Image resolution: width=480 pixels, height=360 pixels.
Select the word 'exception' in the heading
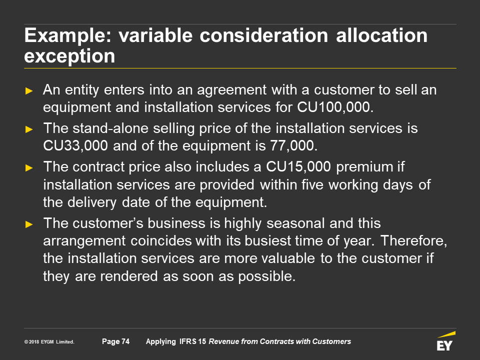point(69,56)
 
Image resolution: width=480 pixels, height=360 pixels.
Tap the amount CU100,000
point(335,107)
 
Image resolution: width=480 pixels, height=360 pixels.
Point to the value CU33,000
point(75,145)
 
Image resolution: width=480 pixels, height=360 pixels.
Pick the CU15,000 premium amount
point(298,167)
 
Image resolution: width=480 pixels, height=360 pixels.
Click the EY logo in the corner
point(445,341)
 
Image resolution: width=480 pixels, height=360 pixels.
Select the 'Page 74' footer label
point(115,341)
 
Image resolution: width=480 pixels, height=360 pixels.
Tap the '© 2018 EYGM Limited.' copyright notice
point(49,342)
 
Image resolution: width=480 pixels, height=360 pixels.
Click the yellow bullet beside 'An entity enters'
point(29,91)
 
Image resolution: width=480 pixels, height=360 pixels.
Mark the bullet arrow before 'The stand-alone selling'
point(29,129)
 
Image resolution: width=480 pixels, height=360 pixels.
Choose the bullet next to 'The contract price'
point(29,168)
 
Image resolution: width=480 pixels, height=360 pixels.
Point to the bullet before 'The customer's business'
point(29,224)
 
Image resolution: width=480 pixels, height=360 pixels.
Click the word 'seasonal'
point(295,223)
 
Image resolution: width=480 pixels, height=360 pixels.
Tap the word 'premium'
point(364,167)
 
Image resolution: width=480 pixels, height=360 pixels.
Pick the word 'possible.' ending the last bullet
point(266,276)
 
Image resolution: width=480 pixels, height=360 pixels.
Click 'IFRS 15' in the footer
point(192,341)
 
